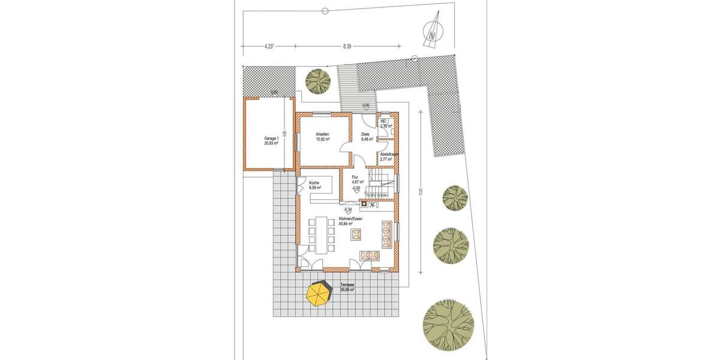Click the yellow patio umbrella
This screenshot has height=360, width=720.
tap(319, 294)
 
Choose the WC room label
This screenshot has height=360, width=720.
tap(385, 124)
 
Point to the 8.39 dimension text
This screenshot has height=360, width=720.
tap(347, 44)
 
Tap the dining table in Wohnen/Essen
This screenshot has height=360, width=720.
tap(320, 235)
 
